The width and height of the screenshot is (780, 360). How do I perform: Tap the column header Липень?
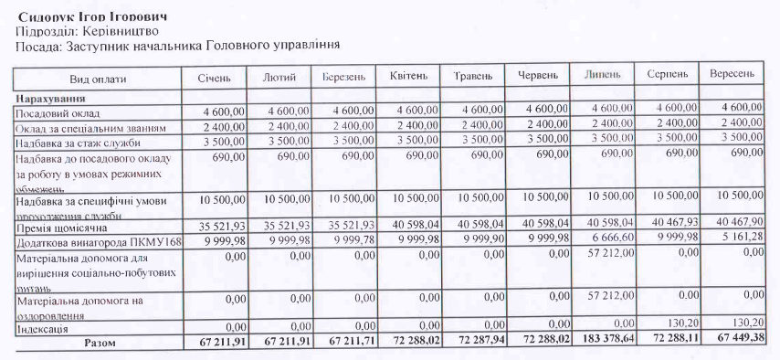coord(602,73)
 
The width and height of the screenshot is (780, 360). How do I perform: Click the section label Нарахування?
coord(49,97)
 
